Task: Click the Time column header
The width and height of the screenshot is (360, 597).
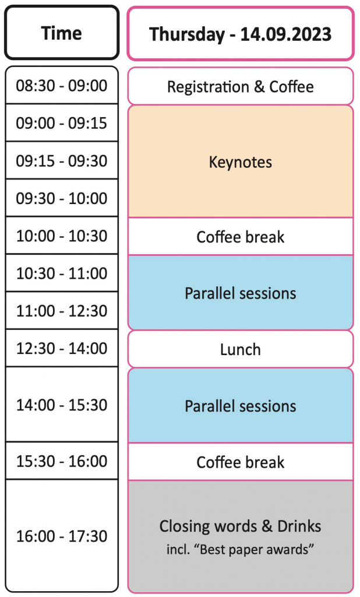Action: [x=62, y=33]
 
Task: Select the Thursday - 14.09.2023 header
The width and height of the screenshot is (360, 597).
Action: [x=241, y=33]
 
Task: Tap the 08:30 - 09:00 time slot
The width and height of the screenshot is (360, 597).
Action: [x=62, y=85]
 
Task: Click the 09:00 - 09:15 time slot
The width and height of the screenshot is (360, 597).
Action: [x=62, y=123]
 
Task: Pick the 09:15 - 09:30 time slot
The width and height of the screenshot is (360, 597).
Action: [x=62, y=161]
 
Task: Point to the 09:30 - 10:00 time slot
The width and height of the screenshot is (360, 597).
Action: [x=62, y=198]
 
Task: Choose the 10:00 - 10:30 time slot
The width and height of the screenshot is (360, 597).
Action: [x=62, y=236]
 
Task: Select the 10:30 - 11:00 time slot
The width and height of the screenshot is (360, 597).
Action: [x=62, y=273]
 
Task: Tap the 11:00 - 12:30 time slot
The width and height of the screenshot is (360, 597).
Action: [x=62, y=311]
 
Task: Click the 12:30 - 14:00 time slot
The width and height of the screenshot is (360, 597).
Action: [x=62, y=348]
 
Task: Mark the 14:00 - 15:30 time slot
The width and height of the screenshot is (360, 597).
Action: [x=62, y=405]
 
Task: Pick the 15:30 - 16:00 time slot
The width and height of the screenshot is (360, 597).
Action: [x=62, y=461]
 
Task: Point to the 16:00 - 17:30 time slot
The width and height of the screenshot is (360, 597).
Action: [x=62, y=536]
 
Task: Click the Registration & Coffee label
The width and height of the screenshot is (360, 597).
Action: [x=241, y=87]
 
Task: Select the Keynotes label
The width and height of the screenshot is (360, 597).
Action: [x=241, y=162]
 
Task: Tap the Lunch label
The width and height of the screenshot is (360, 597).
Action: [x=241, y=350]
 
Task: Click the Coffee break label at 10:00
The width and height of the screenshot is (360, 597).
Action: [x=241, y=237]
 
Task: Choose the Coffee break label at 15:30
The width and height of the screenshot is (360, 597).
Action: [x=241, y=462]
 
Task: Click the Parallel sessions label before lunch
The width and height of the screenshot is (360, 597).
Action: [x=241, y=293]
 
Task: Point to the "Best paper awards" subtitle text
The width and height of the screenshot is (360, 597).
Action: [x=241, y=549]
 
